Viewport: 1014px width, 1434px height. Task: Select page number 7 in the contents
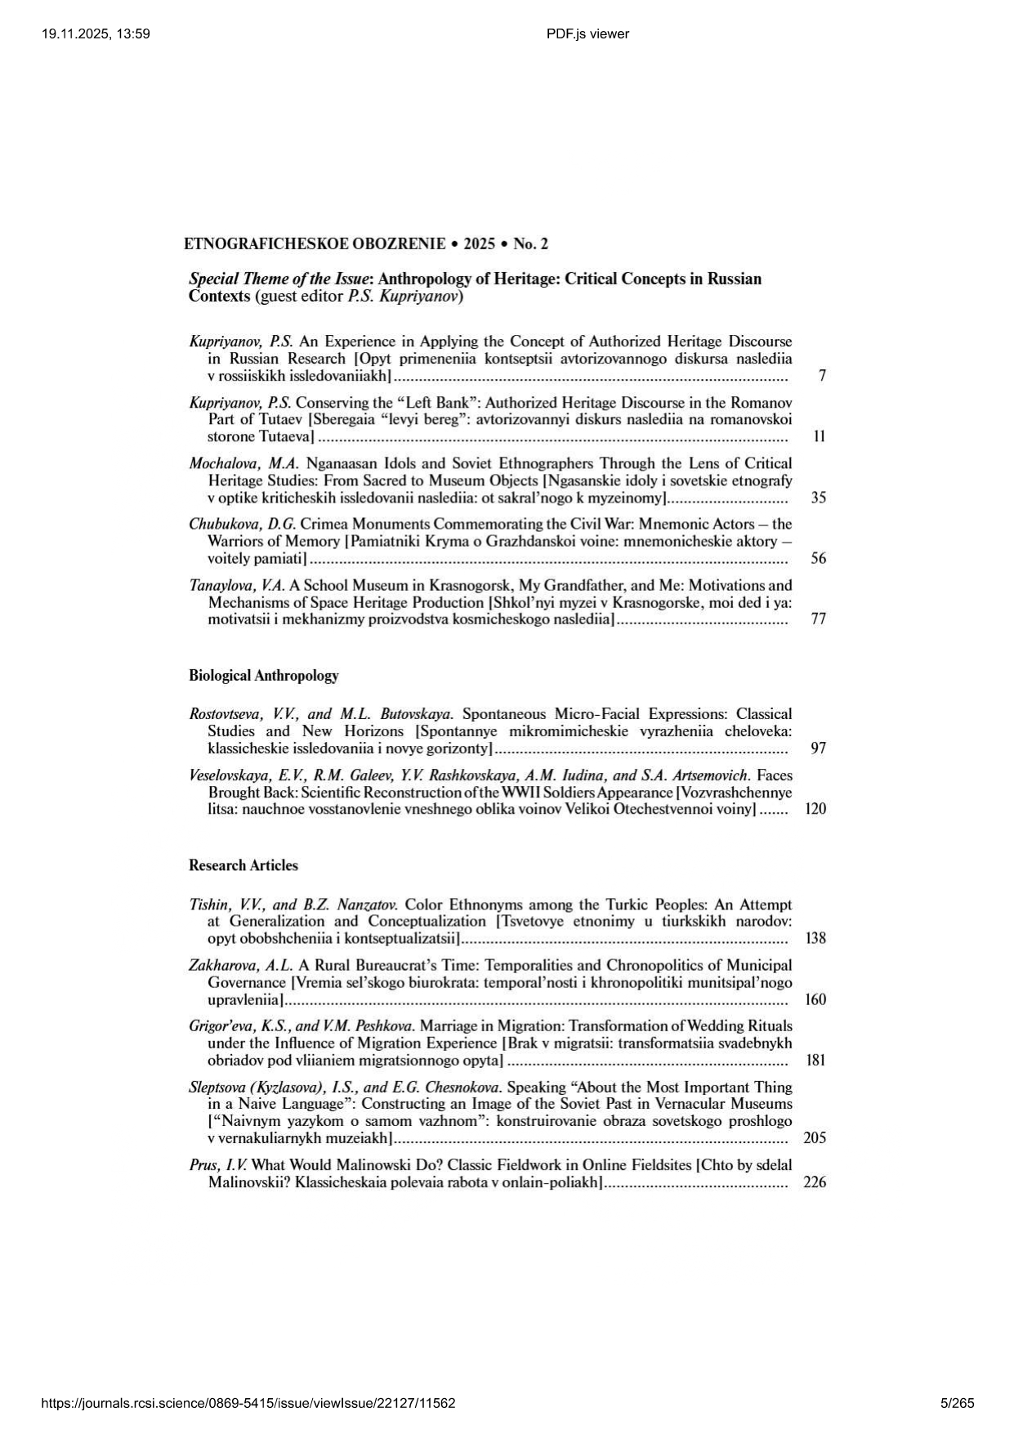coord(822,376)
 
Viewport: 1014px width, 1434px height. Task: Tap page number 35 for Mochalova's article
coord(819,498)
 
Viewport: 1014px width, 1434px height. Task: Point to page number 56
coord(819,559)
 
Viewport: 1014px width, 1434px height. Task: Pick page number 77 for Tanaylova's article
coord(819,619)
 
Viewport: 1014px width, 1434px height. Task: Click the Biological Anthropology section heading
coord(263,676)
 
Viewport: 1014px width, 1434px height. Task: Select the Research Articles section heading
coord(243,865)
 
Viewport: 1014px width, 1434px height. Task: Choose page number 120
coord(815,809)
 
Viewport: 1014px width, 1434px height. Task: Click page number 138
coord(815,938)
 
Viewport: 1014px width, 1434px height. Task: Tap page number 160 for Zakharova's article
coord(815,999)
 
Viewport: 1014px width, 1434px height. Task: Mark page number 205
coord(815,1138)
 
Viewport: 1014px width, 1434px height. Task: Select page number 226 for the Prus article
coord(815,1182)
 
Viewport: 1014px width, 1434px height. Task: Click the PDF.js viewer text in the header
coord(587,34)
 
